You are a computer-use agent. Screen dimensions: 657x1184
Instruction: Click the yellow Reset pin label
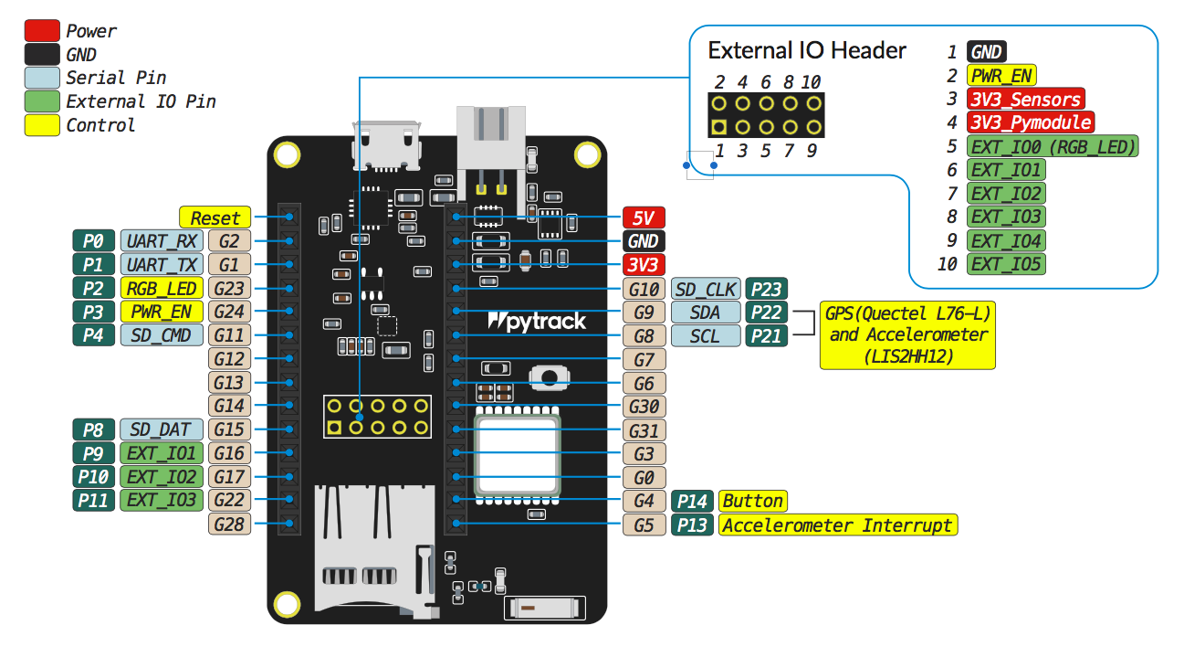point(215,217)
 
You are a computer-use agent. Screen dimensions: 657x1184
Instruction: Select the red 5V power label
point(644,217)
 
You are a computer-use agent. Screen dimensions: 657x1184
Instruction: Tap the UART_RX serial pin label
point(162,241)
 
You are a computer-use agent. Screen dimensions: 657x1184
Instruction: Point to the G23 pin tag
point(229,289)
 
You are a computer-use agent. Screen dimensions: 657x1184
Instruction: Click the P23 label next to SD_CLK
point(764,289)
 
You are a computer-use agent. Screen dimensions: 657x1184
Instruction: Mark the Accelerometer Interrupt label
point(838,525)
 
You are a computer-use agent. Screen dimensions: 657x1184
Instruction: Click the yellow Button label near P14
point(752,501)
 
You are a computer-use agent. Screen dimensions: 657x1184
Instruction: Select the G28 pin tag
point(229,525)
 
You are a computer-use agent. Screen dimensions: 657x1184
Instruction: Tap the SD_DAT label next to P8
point(162,429)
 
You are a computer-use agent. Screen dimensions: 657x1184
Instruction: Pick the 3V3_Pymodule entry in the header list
point(1031,122)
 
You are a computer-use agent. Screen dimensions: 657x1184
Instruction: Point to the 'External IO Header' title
point(807,50)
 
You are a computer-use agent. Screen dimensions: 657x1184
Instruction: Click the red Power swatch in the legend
point(42,31)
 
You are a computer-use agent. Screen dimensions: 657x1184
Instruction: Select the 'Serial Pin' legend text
point(116,78)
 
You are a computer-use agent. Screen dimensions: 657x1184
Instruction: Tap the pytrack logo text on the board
point(538,322)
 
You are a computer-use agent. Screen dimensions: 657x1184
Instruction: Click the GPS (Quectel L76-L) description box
point(906,335)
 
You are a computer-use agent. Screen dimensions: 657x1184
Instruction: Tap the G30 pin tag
point(644,407)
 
